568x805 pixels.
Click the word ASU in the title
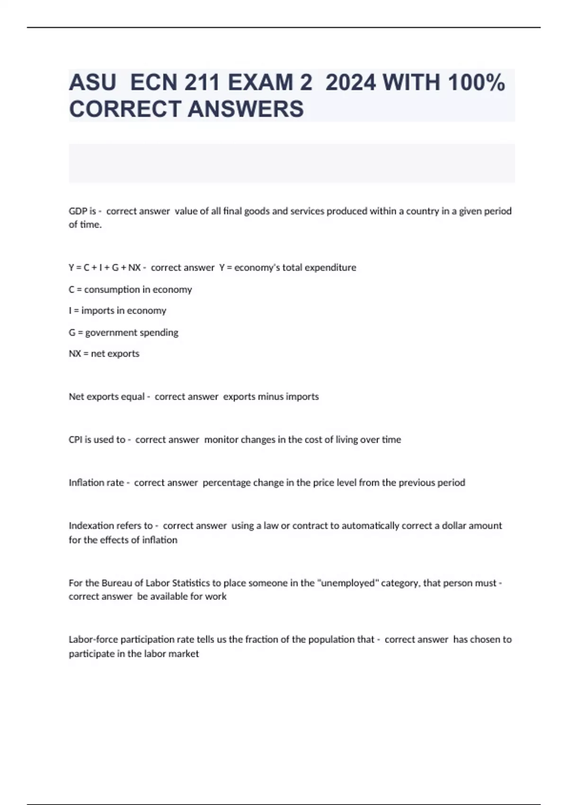click(92, 82)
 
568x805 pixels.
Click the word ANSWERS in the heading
click(246, 109)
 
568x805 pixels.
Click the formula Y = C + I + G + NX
click(105, 268)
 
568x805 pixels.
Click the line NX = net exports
click(104, 354)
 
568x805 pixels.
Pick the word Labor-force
click(93, 640)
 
